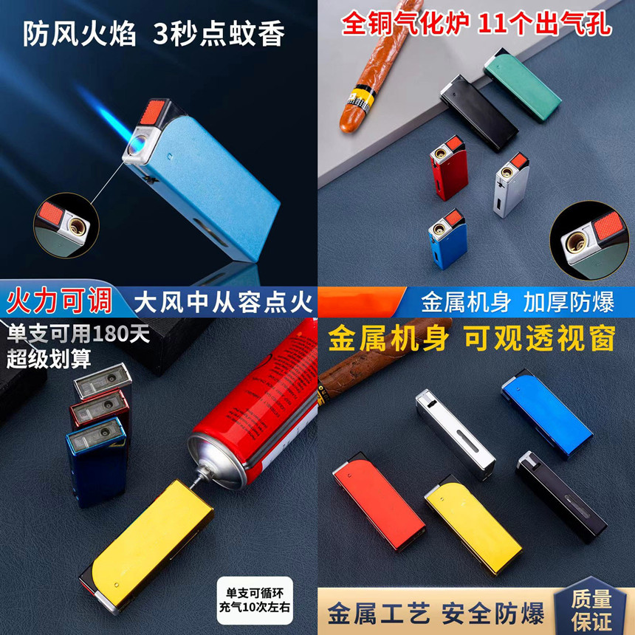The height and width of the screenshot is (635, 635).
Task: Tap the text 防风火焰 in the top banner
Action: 79,35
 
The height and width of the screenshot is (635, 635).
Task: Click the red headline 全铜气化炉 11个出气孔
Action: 476,24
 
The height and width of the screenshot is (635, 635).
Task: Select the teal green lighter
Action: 523,84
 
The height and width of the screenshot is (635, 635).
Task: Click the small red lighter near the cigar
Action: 448,166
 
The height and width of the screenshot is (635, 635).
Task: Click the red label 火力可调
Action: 60,301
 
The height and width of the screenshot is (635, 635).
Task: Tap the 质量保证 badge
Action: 591,610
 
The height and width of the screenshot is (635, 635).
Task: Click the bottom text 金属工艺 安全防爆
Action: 436,614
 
